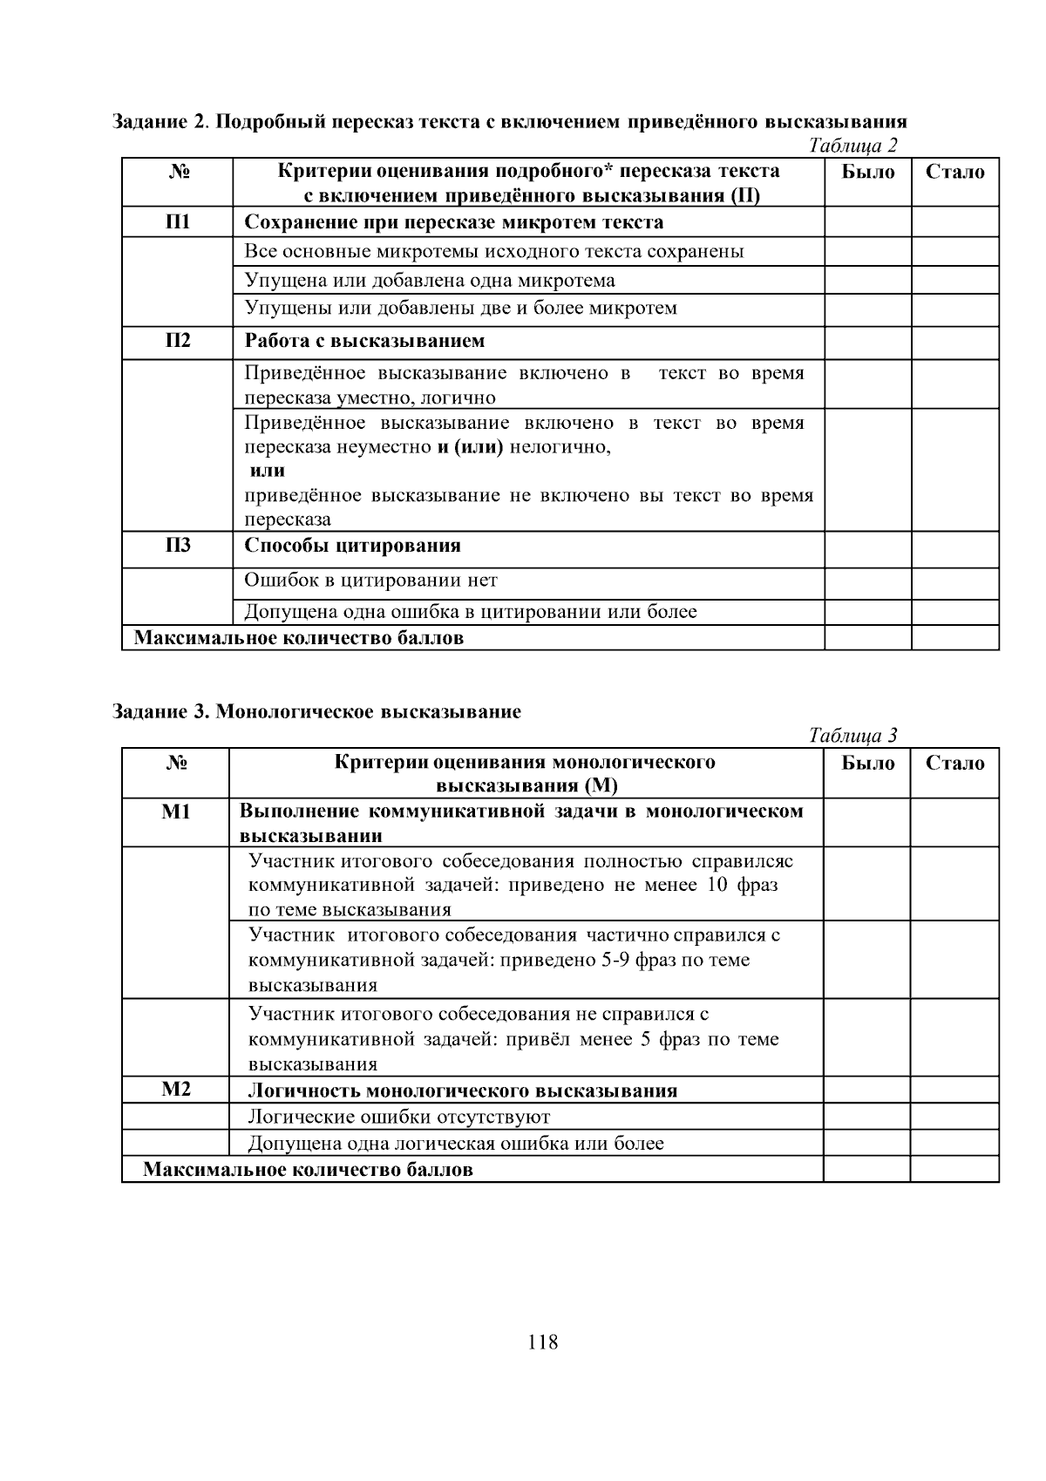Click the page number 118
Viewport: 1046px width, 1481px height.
(542, 1342)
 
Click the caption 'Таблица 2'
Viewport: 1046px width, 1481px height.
(852, 146)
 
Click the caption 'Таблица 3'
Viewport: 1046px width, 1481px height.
(852, 736)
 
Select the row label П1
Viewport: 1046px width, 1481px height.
(178, 222)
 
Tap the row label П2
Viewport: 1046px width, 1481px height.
(178, 341)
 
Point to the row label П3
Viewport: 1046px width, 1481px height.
(178, 547)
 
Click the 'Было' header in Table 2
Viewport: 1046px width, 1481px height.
(868, 173)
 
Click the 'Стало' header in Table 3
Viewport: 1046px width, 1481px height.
(954, 764)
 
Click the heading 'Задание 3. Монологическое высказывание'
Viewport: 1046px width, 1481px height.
(316, 711)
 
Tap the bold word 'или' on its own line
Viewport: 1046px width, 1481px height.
(268, 471)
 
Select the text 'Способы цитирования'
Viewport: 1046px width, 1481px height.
(352, 547)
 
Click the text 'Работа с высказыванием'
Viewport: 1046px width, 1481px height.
(364, 341)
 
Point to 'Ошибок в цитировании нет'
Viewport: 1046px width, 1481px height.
(370, 581)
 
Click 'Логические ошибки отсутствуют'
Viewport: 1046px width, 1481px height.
(399, 1117)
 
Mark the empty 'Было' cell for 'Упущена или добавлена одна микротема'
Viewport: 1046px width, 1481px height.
(868, 281)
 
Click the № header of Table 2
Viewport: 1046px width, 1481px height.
(178, 173)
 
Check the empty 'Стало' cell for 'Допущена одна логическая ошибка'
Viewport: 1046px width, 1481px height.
(954, 1143)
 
